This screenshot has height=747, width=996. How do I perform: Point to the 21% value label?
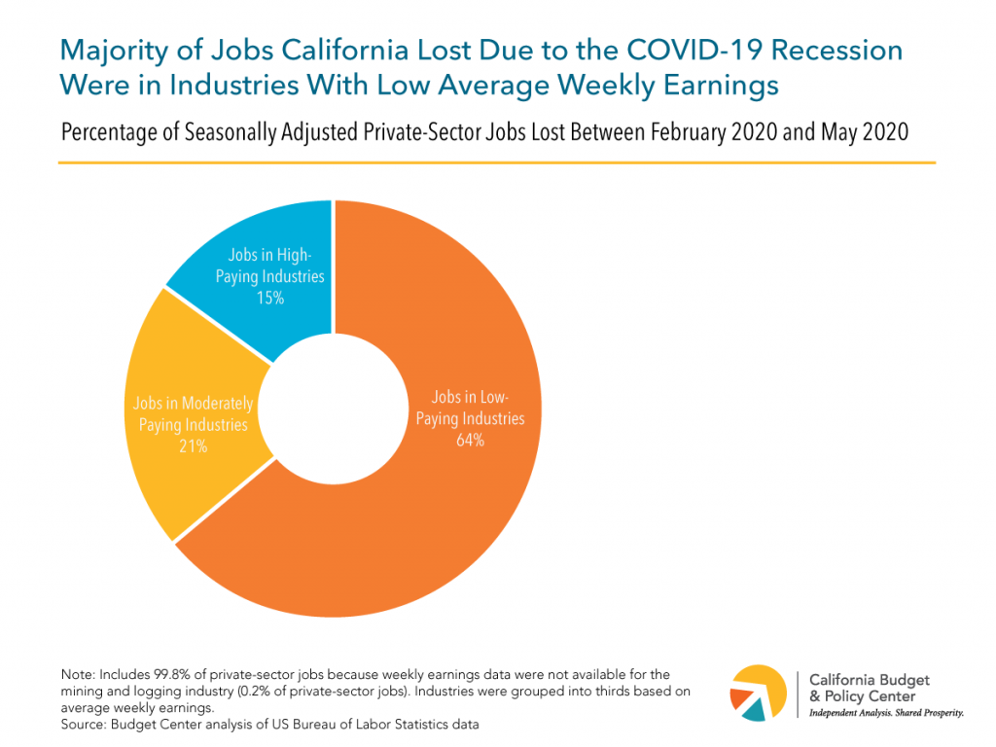(x=193, y=446)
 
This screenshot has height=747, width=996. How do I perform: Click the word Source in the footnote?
(x=82, y=724)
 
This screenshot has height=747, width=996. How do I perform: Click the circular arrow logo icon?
(x=758, y=693)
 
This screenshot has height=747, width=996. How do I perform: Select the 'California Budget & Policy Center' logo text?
(x=862, y=687)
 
